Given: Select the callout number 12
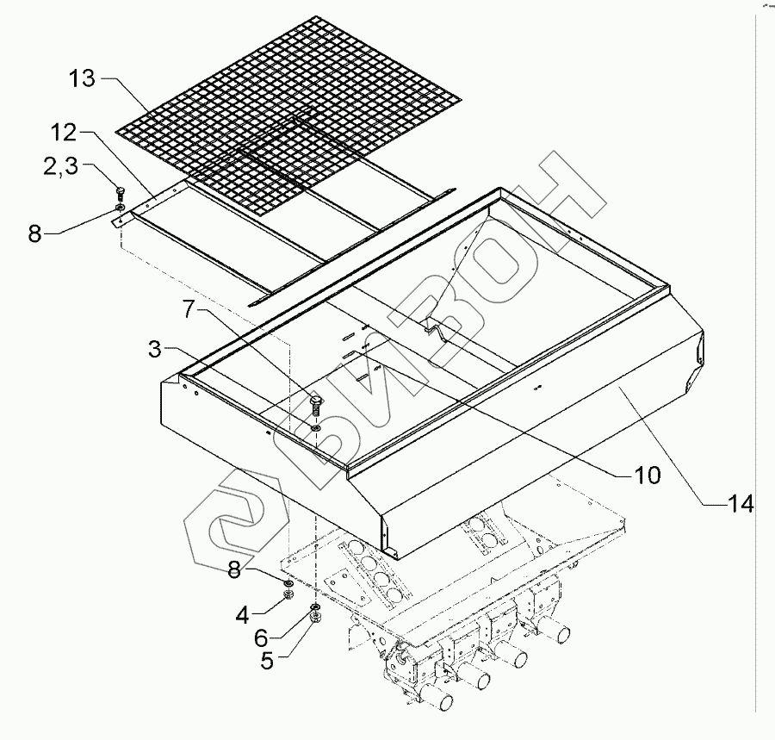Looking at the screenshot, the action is pyautogui.click(x=64, y=133).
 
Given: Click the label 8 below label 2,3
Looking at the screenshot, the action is pyautogui.click(x=34, y=233).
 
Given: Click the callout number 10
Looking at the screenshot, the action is pyautogui.click(x=647, y=474).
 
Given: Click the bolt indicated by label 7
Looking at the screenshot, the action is pyautogui.click(x=317, y=404).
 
